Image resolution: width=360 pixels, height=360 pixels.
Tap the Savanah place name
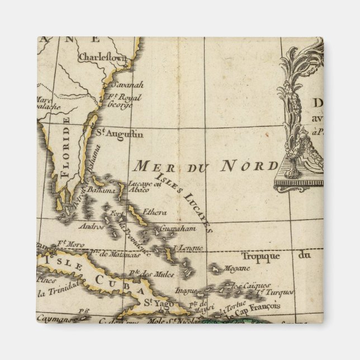pos(127,85)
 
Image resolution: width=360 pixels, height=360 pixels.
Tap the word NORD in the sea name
pos(250,166)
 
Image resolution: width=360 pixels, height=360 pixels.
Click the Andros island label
pos(91,228)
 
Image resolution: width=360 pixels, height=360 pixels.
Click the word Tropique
pos(259,257)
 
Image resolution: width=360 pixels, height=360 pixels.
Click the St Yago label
pos(157,302)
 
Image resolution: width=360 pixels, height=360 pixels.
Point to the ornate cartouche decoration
pos(299,117)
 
